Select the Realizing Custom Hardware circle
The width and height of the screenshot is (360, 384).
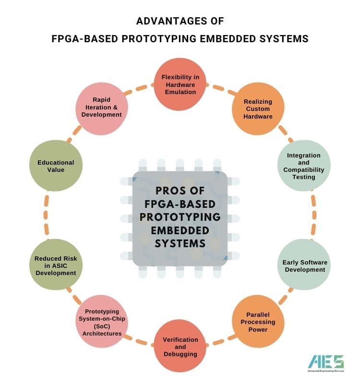click(258, 109)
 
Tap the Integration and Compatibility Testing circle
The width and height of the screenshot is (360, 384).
click(303, 166)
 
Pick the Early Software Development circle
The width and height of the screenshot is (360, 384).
click(304, 265)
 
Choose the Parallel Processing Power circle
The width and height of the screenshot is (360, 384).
click(258, 322)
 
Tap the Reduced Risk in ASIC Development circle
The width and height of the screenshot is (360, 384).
click(55, 265)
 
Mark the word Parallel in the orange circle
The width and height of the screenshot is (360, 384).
click(258, 314)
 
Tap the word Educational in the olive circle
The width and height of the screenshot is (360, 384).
click(55, 163)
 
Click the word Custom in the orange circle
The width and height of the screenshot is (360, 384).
click(258, 109)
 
